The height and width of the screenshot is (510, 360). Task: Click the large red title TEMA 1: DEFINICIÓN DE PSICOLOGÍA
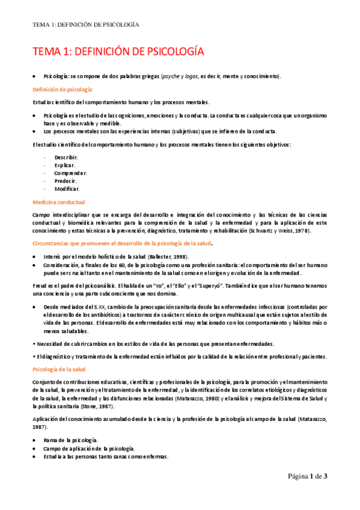point(118,52)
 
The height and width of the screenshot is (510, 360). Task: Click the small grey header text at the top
point(86,25)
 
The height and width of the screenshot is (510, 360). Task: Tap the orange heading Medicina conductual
point(58,202)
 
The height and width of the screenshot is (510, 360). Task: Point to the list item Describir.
point(66,157)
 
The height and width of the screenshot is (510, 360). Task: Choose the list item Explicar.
point(64,165)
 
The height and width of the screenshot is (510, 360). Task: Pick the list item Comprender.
point(70,173)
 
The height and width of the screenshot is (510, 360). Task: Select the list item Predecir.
point(66,180)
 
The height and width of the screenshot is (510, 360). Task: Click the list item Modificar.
point(67,188)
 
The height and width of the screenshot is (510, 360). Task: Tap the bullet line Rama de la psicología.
point(72,441)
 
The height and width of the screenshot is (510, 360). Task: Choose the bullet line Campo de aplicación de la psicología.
point(89,449)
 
